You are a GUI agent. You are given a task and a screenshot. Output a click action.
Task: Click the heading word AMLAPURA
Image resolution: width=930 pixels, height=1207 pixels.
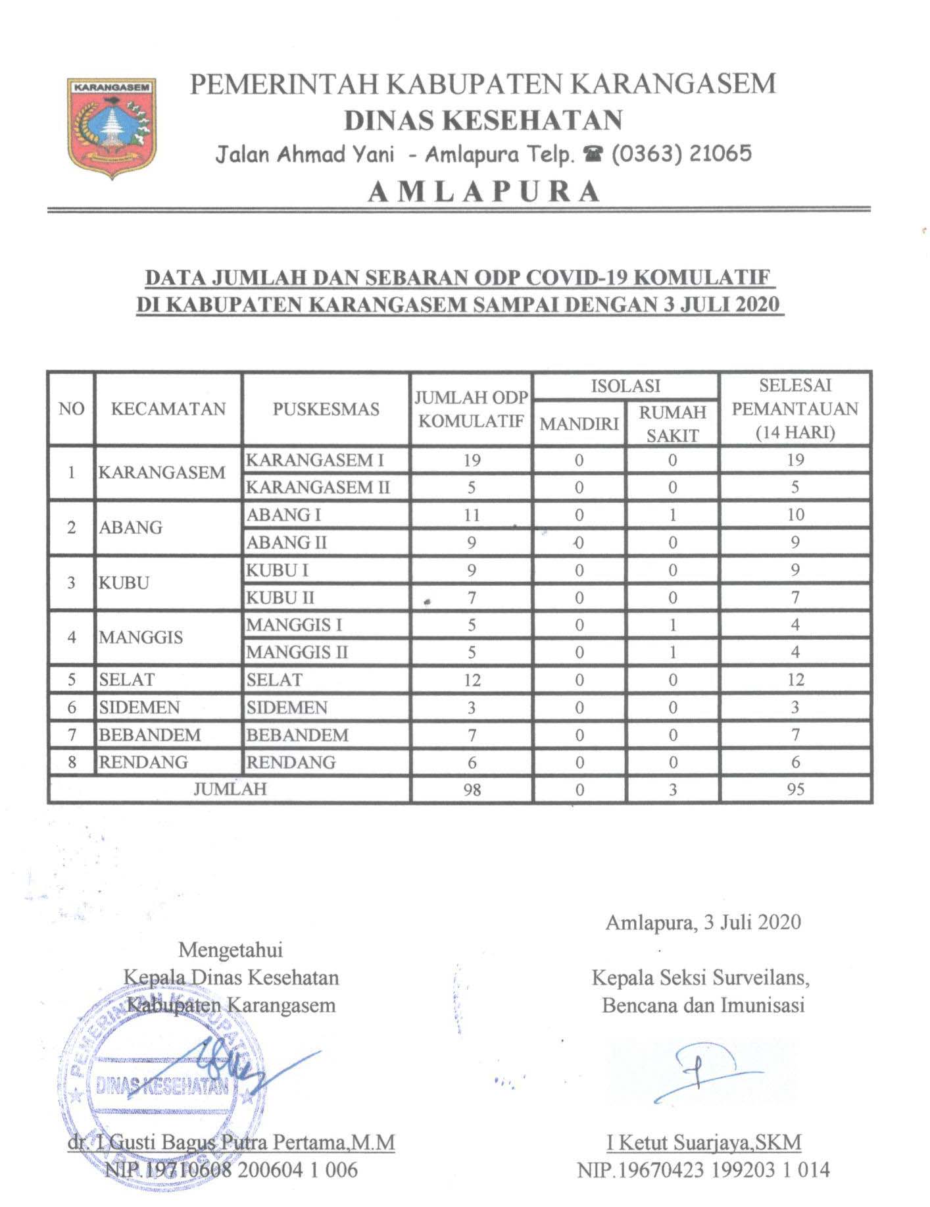click(483, 192)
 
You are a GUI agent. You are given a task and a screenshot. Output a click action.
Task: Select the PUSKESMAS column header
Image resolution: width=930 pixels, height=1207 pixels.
click(326, 409)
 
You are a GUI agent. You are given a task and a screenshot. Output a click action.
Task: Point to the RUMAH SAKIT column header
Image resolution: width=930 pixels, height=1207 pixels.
click(672, 423)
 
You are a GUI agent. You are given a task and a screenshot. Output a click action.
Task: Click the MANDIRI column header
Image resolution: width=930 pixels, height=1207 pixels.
click(579, 424)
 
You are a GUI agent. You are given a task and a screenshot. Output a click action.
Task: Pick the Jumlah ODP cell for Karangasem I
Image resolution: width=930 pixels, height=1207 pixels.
click(472, 460)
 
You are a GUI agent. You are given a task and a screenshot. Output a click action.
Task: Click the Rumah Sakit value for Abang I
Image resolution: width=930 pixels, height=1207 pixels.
click(672, 515)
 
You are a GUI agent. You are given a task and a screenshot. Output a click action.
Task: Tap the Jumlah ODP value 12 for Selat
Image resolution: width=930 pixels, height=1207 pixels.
click(472, 680)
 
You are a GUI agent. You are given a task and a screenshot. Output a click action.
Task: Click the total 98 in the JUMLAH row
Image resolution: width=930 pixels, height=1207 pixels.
click(472, 789)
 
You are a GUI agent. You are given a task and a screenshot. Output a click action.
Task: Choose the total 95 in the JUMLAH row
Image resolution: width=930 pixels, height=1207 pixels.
click(795, 789)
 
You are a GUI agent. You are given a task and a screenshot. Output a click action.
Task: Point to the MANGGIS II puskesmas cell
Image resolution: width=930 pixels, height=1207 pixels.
click(297, 653)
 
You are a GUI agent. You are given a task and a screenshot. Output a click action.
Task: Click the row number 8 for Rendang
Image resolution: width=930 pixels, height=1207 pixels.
click(72, 762)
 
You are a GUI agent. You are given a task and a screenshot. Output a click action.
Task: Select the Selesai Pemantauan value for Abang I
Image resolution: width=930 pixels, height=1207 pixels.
click(795, 515)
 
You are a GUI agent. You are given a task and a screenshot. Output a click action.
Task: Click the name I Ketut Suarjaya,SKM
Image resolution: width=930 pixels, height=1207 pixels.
click(704, 1143)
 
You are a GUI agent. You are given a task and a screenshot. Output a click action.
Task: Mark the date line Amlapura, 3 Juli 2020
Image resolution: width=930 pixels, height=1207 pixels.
click(702, 922)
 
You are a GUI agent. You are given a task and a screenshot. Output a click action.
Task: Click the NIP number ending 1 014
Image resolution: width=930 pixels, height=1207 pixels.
click(703, 1170)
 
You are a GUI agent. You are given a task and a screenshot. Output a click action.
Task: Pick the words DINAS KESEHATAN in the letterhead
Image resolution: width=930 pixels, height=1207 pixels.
click(483, 120)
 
